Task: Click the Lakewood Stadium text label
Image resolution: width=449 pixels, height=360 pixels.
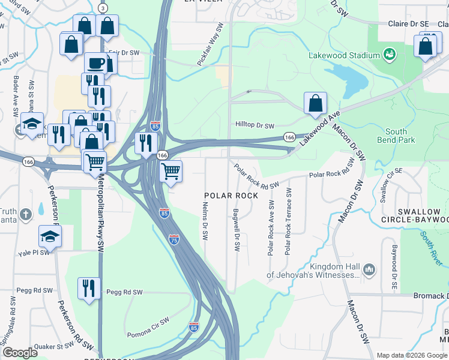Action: point(344,55)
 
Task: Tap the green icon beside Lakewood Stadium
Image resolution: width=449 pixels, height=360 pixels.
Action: point(389,55)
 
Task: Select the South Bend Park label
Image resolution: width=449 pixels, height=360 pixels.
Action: point(396,136)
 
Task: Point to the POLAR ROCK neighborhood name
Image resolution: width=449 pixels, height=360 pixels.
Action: point(231,196)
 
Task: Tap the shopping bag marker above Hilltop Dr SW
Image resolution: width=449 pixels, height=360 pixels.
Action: point(315,104)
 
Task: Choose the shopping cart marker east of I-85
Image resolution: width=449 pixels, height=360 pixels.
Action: point(171,171)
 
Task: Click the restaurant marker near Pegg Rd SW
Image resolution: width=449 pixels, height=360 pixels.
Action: point(89,289)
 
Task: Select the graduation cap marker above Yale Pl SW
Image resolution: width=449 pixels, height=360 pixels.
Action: point(50,236)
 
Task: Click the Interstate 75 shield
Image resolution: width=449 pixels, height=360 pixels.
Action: point(173,240)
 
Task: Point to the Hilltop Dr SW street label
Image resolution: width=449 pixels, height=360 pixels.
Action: point(254,126)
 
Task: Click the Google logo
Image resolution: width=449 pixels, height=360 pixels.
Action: point(20,353)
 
